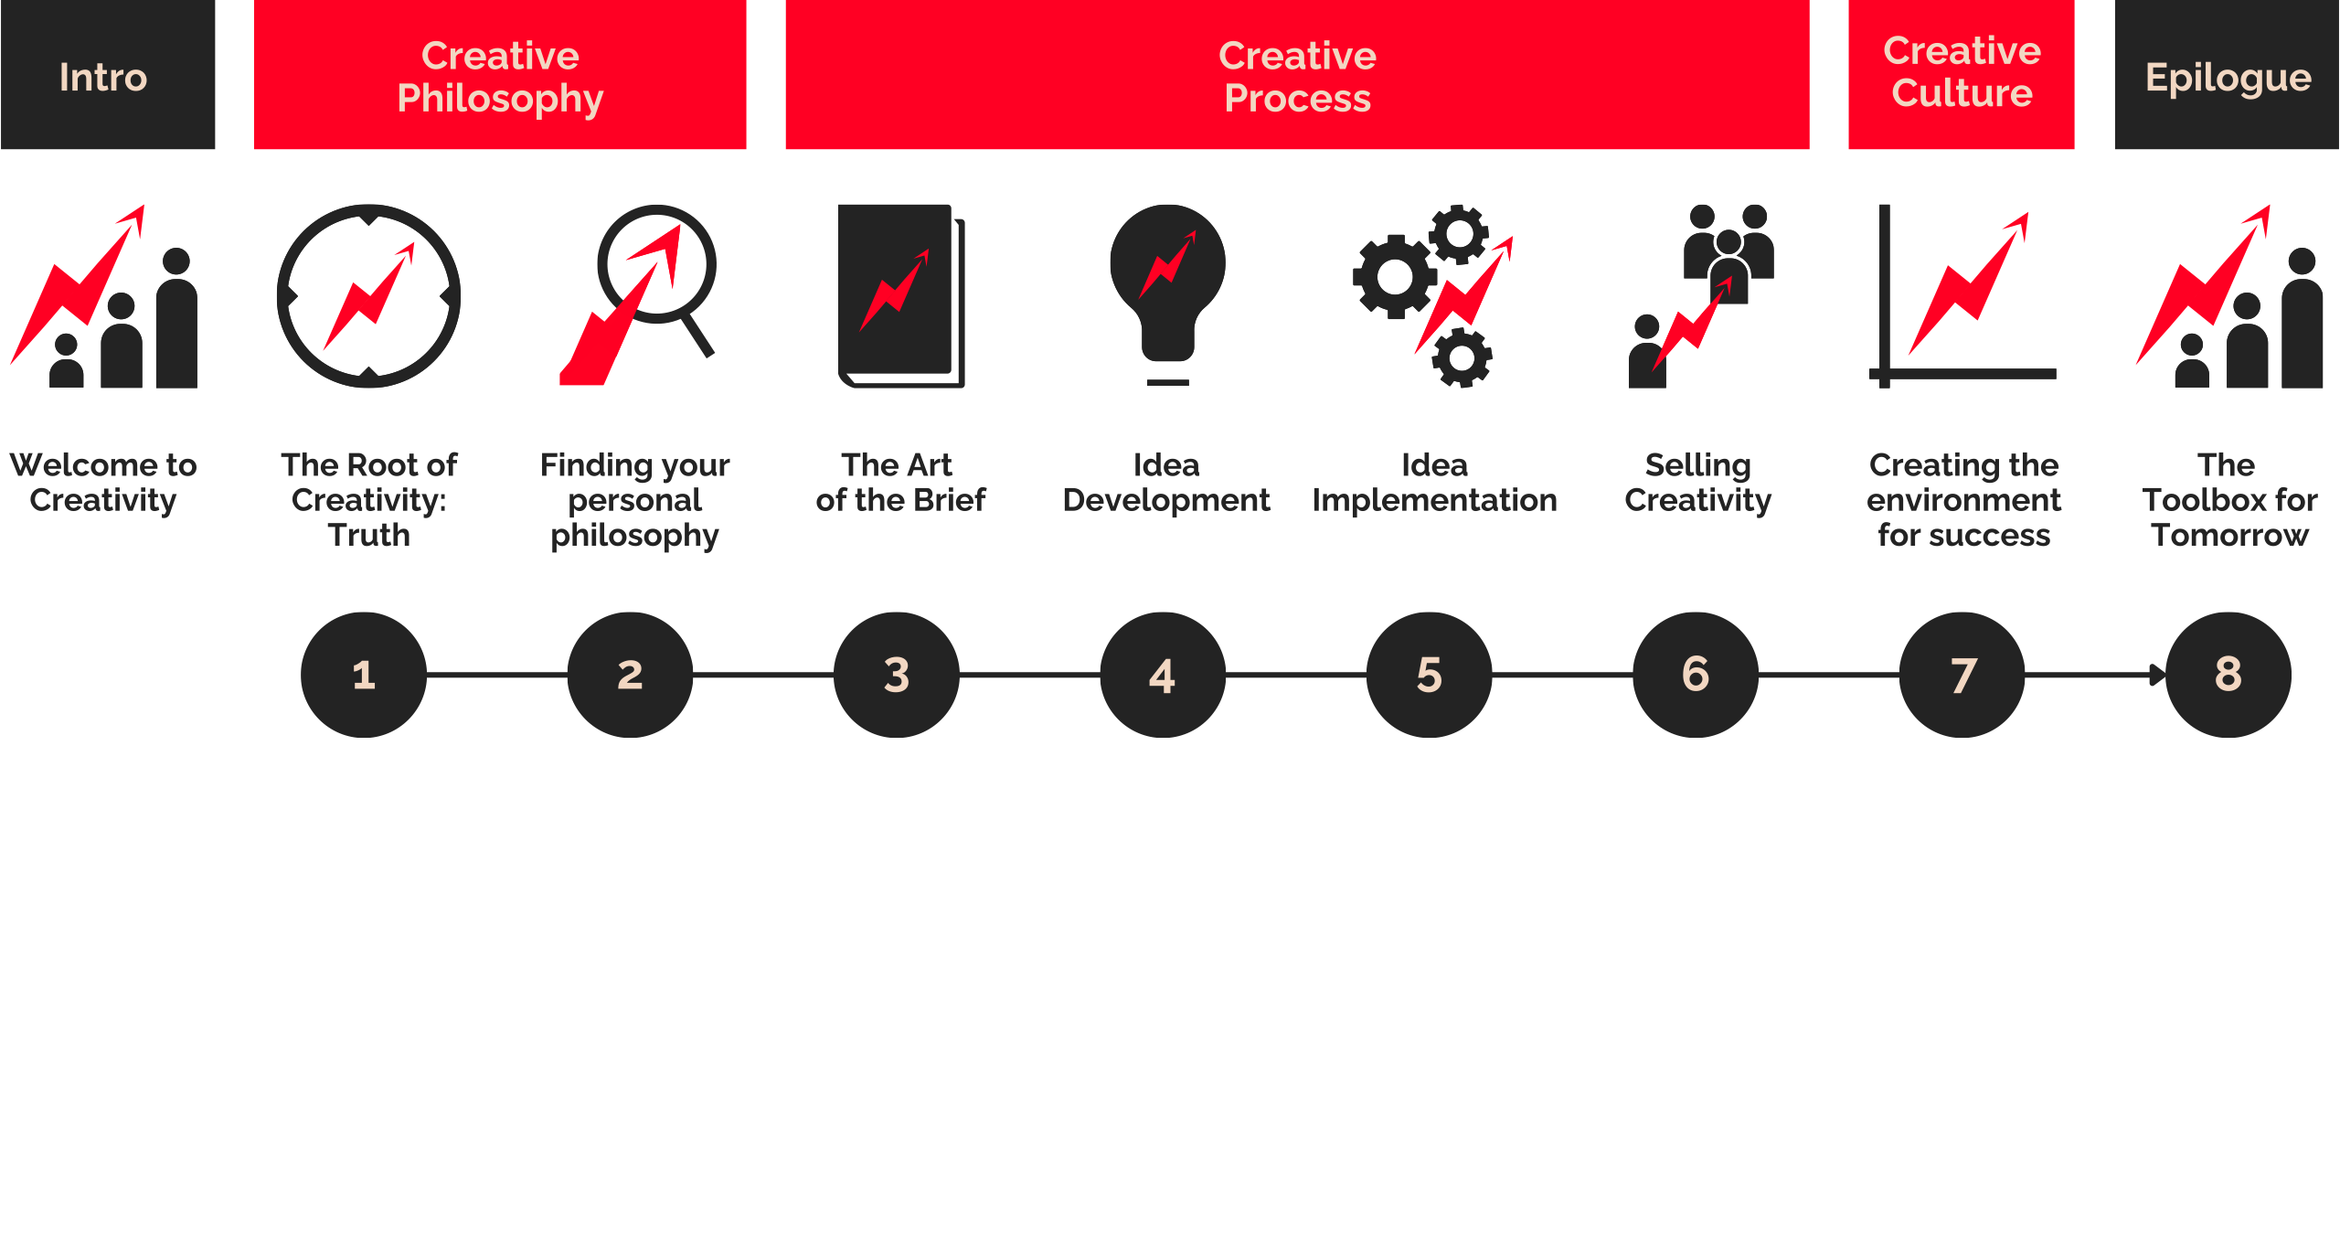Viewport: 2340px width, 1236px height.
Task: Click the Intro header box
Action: click(107, 75)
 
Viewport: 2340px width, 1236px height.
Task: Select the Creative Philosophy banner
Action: click(500, 75)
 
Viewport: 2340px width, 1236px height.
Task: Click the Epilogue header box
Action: click(2227, 75)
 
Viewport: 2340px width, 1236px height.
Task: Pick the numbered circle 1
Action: click(364, 675)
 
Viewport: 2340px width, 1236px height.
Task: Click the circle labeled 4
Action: click(1163, 675)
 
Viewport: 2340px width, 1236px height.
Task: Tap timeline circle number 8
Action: click(2228, 675)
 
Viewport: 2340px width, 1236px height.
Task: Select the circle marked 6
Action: click(1696, 675)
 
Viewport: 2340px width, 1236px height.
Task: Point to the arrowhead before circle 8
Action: click(2157, 675)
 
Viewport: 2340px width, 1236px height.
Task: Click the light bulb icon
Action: click(1167, 293)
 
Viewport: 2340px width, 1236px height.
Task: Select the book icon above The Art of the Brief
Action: click(900, 294)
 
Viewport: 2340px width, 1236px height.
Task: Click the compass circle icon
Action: click(368, 295)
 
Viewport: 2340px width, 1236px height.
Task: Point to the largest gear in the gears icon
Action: click(1395, 276)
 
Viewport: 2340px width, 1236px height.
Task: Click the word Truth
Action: click(368, 535)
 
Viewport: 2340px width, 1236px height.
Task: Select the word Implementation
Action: click(1434, 500)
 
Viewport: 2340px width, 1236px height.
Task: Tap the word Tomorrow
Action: click(2229, 535)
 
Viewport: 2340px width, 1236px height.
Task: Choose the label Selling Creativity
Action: click(1697, 483)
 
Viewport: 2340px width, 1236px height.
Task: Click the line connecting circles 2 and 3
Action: click(763, 675)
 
